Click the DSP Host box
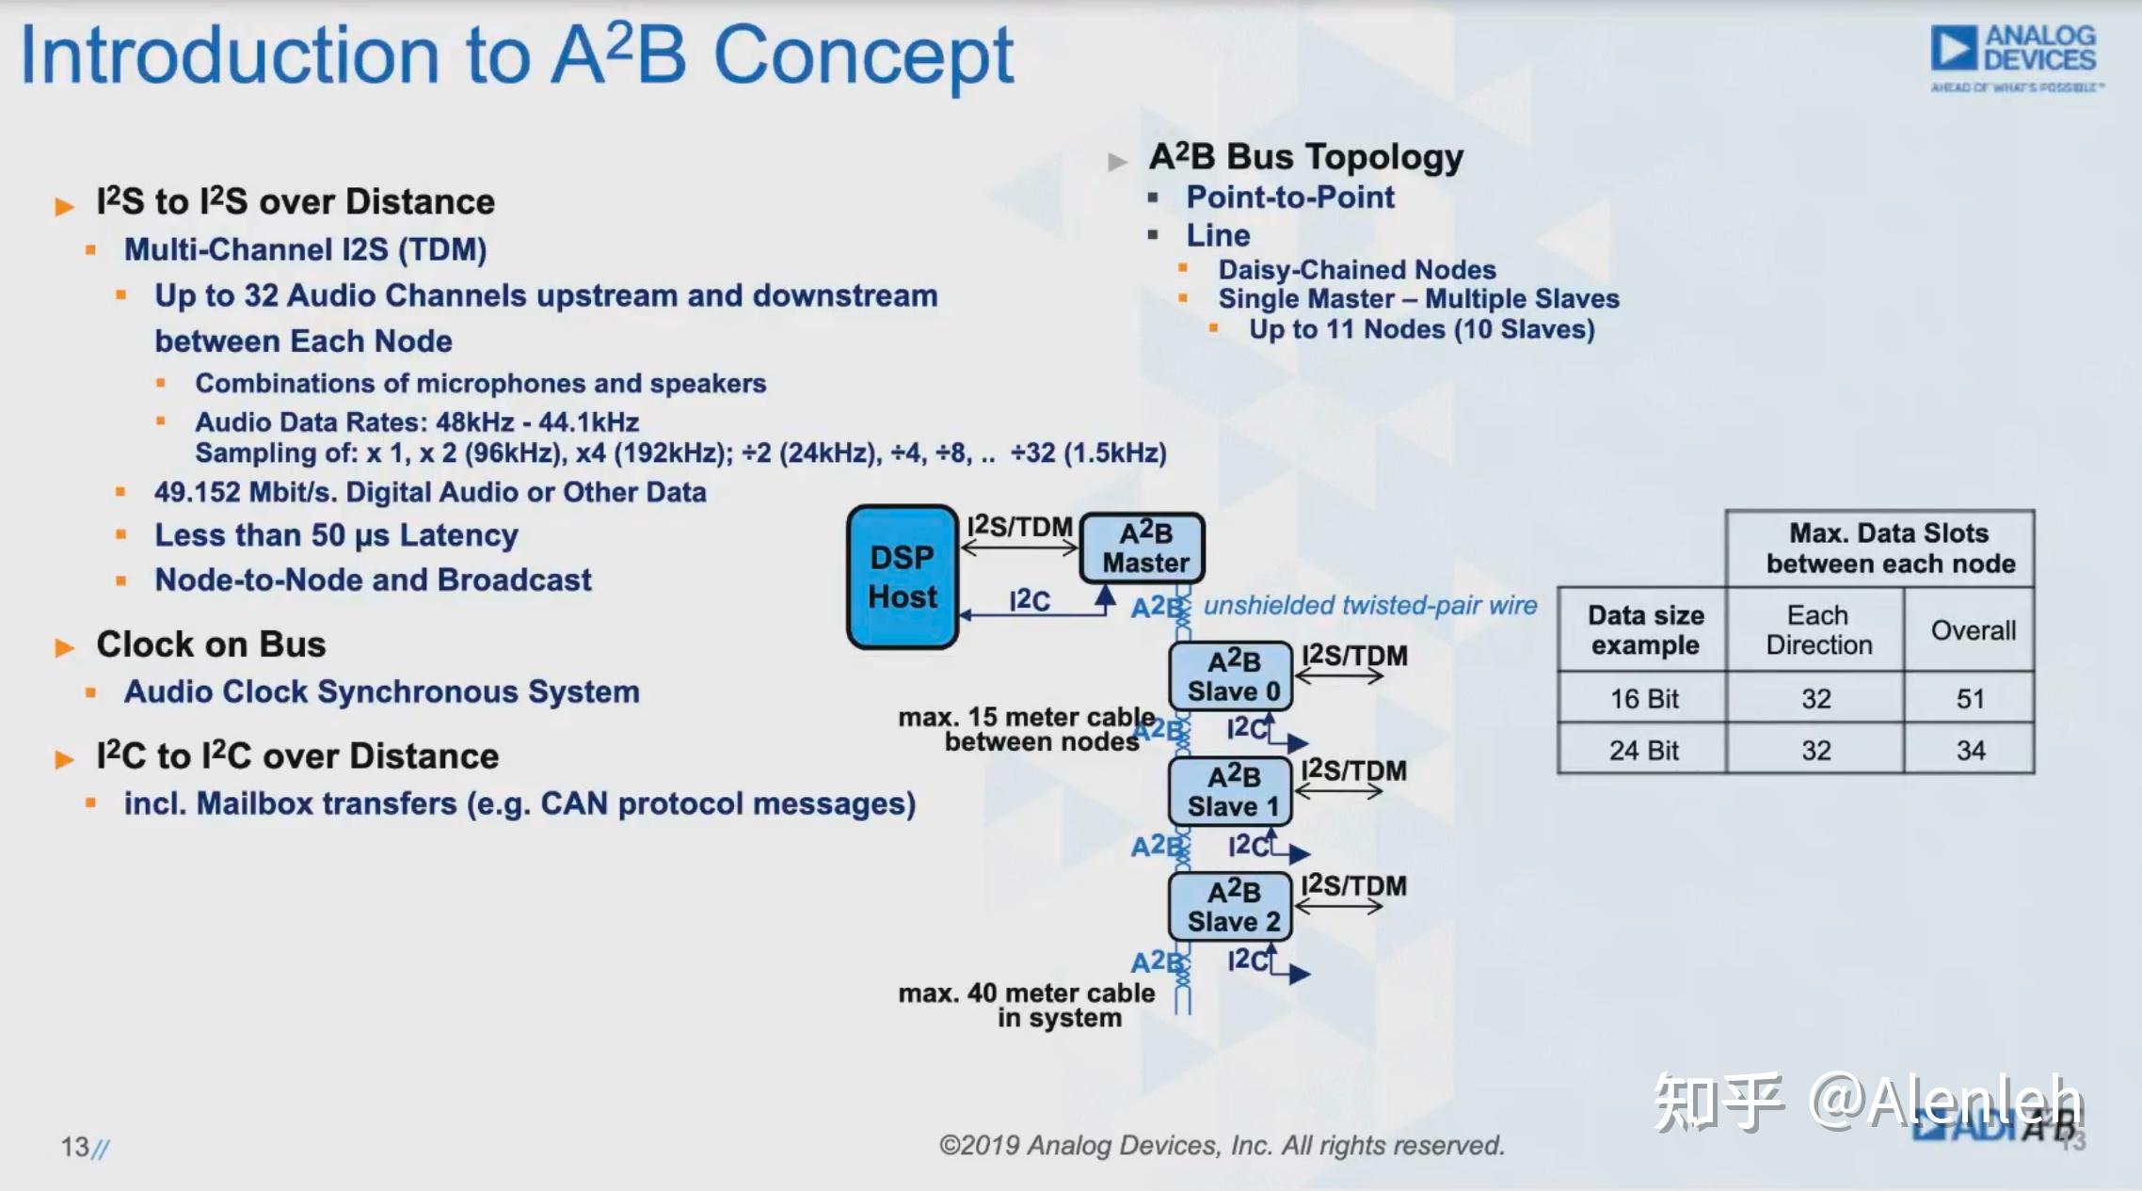pyautogui.click(x=902, y=577)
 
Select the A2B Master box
pyautogui.click(x=1143, y=548)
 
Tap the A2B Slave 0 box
pyautogui.click(x=1231, y=675)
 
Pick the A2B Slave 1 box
pyautogui.click(x=1230, y=791)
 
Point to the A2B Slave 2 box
pyautogui.click(x=1230, y=906)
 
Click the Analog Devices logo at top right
pyautogui.click(x=2014, y=56)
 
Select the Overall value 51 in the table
pyautogui.click(x=1970, y=698)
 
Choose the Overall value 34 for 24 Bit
pyautogui.click(x=1970, y=750)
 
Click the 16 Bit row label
pyautogui.click(x=1643, y=698)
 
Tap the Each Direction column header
pyautogui.click(x=1818, y=629)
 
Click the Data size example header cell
pyautogui.click(x=1644, y=629)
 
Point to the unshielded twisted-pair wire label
pyautogui.click(x=1369, y=605)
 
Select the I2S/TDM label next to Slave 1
pyautogui.click(x=1353, y=770)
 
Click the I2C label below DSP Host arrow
pyautogui.click(x=1029, y=600)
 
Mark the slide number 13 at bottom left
pyautogui.click(x=75, y=1147)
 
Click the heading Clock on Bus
pyautogui.click(x=211, y=644)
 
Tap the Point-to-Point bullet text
pyautogui.click(x=1289, y=197)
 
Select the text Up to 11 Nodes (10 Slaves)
pyautogui.click(x=1421, y=329)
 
